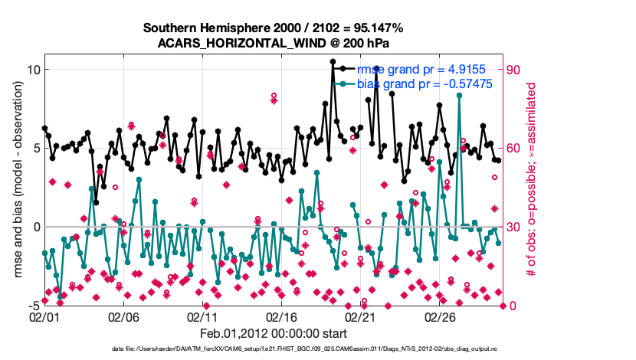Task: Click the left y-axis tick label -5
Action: [x=31, y=306]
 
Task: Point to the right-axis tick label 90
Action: [x=514, y=70]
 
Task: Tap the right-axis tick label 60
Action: [x=514, y=149]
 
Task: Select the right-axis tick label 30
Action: [x=514, y=227]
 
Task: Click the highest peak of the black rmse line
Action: [x=333, y=61]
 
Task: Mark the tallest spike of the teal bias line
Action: [x=459, y=95]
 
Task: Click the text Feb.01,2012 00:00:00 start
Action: [x=274, y=333]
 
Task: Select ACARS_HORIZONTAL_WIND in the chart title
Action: [x=232, y=42]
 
